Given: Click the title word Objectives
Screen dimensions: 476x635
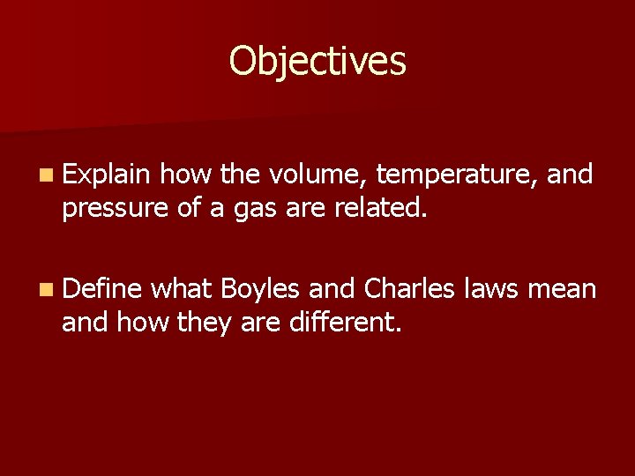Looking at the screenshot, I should tap(317, 62).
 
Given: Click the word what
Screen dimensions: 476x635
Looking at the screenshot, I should tap(183, 288).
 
